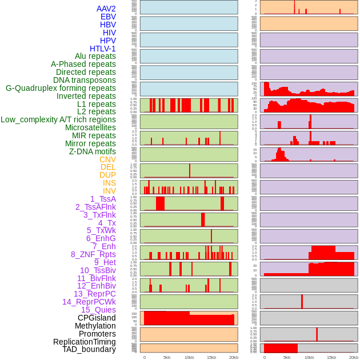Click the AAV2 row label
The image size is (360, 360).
coord(106,9)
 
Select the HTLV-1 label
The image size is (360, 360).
coord(103,49)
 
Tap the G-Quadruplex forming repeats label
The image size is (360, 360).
coord(61,88)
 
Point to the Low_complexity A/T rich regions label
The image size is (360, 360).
coord(58,119)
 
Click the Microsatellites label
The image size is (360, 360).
coord(90,127)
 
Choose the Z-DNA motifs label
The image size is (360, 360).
coord(93,151)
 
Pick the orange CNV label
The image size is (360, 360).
coord(107,159)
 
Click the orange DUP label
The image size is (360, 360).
coord(107,175)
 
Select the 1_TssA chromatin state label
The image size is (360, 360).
coord(103,199)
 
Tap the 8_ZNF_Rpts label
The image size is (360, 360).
coord(93,254)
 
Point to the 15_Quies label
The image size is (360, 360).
coord(98,310)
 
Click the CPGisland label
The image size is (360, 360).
coord(97,318)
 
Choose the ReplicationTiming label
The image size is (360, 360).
coord(84,342)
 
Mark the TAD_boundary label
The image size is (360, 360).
coord(89,349)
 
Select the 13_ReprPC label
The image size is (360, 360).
coord(95,294)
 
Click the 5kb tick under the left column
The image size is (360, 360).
coord(167,357)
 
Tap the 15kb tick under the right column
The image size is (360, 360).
coord(331,357)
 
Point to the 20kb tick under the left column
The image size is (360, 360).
coord(234,357)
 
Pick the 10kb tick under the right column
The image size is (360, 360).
coord(309,357)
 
